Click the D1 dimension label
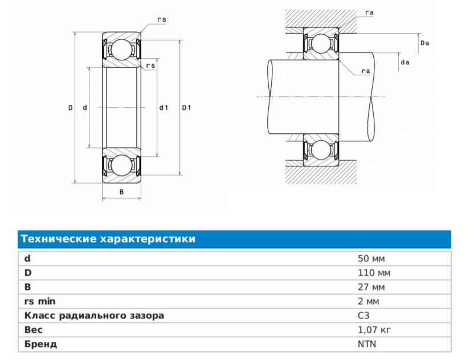point(186,108)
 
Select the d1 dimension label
point(164,108)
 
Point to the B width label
point(121,192)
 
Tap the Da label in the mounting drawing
point(425,43)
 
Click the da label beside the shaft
point(404,62)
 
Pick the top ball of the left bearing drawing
point(121,49)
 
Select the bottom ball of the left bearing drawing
point(121,165)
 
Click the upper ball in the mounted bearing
point(320,43)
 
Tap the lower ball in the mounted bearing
point(320,150)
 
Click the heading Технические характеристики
point(108,239)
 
